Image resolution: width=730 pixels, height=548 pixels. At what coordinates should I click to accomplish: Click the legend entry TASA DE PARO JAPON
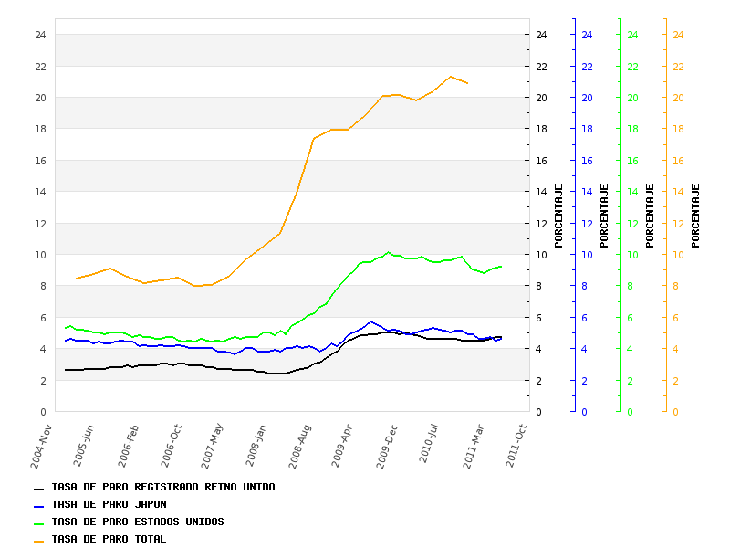(109, 504)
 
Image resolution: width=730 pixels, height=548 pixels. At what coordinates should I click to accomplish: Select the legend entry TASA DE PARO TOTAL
(109, 539)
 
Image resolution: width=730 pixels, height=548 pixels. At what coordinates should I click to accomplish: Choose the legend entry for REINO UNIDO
(162, 487)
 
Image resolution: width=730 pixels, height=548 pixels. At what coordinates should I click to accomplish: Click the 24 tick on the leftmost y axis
(40, 35)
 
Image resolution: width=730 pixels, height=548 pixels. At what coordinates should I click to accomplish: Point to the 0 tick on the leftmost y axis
(43, 412)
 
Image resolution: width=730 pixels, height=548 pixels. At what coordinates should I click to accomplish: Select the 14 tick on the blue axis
(587, 192)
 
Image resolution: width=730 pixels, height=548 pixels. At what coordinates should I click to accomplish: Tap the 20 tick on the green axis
(632, 98)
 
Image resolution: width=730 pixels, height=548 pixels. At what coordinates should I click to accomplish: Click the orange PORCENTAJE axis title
(695, 216)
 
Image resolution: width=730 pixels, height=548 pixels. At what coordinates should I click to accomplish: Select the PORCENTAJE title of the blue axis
(604, 216)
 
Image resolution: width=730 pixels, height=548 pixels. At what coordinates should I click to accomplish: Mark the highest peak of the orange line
(451, 77)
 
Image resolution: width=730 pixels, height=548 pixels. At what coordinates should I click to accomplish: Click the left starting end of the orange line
(77, 278)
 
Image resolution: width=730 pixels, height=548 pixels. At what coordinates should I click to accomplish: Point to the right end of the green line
(501, 267)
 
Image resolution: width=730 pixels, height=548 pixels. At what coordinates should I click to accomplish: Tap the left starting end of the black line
(65, 370)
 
